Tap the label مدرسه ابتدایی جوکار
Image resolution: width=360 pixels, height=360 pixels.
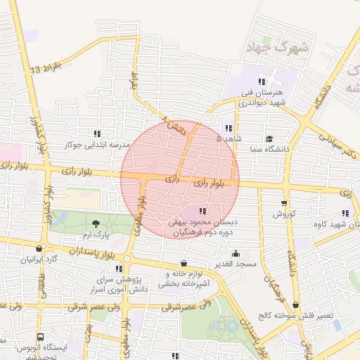coord(98,145)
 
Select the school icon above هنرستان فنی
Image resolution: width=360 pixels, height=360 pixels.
coord(262,81)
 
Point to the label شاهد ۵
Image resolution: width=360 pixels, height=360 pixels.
coord(229,139)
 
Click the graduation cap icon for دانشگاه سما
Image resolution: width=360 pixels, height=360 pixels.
coord(269,139)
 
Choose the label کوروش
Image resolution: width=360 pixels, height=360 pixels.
coord(283,213)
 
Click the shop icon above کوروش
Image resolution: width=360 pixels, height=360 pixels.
coord(283,202)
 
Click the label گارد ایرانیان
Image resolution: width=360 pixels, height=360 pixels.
coord(37,259)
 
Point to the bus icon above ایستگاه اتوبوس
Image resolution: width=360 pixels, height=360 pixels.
coord(40,337)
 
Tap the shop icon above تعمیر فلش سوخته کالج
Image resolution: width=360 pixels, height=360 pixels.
coord(296,304)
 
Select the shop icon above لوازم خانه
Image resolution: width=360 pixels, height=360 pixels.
coord(184,263)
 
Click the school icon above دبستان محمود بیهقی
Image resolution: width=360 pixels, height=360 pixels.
coord(202,210)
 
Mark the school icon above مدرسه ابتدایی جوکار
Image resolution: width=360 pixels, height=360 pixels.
coord(96,134)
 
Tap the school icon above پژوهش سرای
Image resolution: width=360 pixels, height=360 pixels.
coord(118,269)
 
